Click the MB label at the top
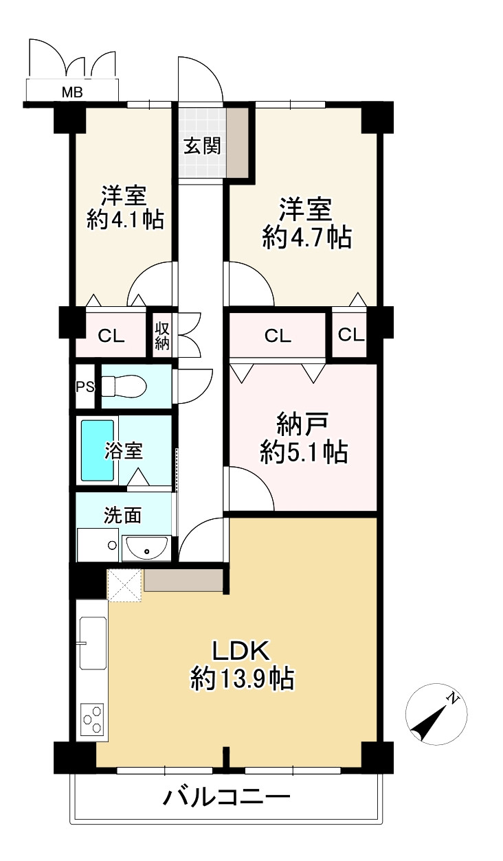(x=73, y=92)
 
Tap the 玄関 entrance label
(x=202, y=146)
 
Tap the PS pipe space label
(x=85, y=387)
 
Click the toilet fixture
(x=124, y=387)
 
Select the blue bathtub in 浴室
(x=98, y=450)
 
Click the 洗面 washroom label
(x=123, y=516)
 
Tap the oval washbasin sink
(x=146, y=548)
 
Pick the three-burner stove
(x=93, y=719)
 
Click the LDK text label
(x=243, y=651)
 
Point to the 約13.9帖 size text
(x=243, y=680)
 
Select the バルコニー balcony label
(x=227, y=798)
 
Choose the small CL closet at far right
(x=350, y=335)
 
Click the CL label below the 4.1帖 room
(x=111, y=336)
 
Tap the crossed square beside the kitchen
(x=125, y=585)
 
